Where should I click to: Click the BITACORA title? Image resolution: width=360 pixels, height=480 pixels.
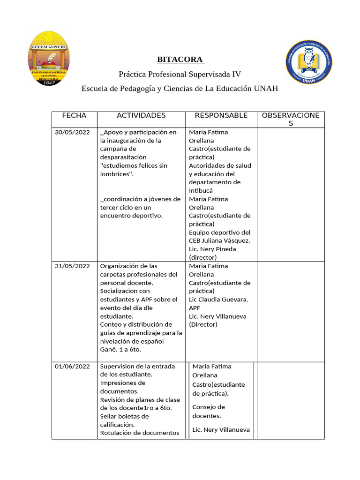point(180,60)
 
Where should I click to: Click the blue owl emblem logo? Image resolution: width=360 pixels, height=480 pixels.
point(309,60)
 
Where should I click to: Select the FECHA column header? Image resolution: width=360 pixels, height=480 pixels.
point(74,115)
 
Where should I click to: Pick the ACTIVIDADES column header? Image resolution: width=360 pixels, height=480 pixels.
point(141,115)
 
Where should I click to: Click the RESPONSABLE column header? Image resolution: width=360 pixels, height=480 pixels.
point(221,115)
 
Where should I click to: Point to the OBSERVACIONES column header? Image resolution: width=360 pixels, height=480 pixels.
point(291,119)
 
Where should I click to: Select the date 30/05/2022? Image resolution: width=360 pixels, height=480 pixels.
point(72,132)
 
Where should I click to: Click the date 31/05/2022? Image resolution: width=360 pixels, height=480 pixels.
point(72,266)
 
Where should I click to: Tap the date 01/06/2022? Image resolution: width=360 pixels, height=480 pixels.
point(72,366)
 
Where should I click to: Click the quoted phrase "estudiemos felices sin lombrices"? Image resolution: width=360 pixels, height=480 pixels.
point(134,170)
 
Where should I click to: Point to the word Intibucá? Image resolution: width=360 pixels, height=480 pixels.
point(201,191)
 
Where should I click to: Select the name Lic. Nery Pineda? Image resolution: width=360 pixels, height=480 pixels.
point(212,249)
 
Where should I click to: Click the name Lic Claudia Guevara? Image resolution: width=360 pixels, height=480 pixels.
point(218,300)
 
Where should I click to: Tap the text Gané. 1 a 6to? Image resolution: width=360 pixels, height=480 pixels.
point(120,350)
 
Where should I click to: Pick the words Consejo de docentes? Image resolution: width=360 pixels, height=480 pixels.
point(209,411)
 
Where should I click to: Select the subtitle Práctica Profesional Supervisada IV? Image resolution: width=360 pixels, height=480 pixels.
point(180,74)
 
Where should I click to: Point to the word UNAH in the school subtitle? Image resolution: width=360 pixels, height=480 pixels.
point(266,89)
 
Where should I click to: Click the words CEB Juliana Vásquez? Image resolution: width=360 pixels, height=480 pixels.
point(219,241)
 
